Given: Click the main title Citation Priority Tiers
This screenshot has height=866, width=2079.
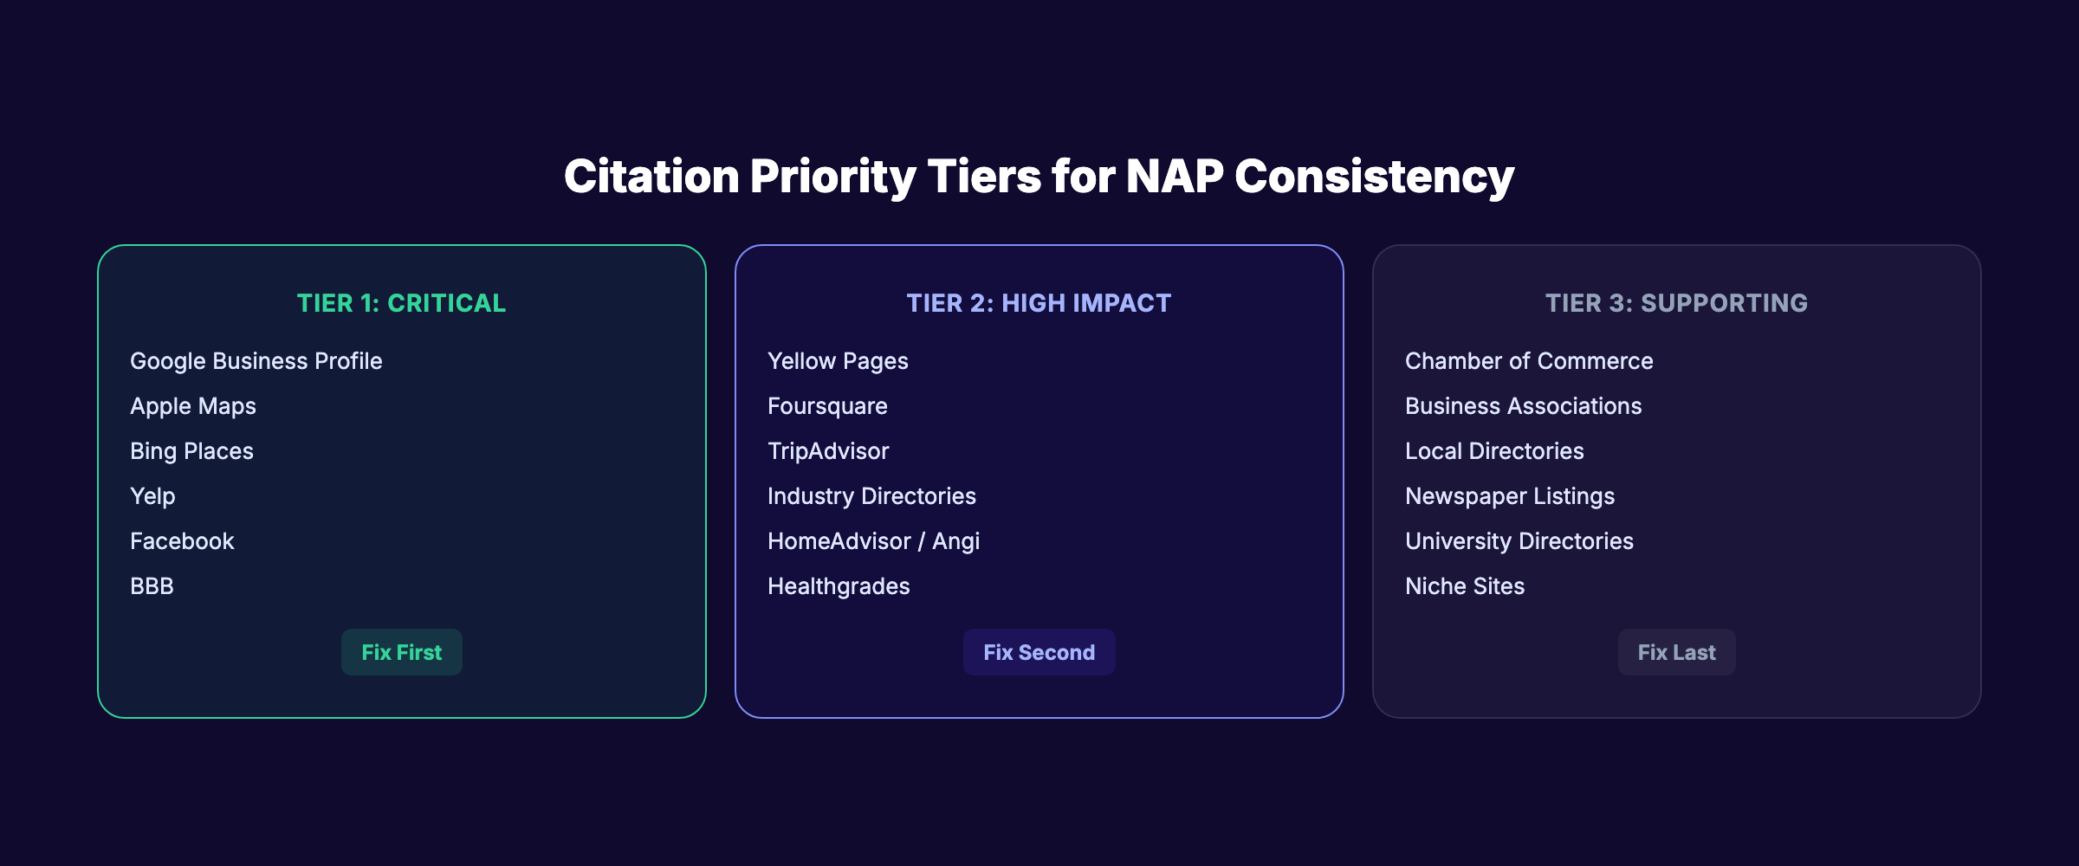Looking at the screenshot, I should (x=1039, y=177).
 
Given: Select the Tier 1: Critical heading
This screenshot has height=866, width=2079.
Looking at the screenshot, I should (x=401, y=303).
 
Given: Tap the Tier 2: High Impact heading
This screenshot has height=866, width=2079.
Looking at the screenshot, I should (x=1039, y=303).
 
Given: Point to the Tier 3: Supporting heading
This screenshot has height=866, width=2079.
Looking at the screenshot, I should (x=1676, y=303).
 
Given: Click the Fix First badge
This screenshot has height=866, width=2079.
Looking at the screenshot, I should (x=401, y=652).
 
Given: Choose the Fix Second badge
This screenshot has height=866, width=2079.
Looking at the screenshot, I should (x=1039, y=652).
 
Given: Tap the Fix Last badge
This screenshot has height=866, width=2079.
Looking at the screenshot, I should (x=1676, y=652).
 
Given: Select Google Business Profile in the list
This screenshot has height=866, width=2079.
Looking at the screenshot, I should (x=256, y=361).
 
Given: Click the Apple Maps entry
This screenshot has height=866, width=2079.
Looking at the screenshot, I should (x=193, y=406).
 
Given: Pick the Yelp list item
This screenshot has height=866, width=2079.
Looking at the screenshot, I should (x=152, y=496).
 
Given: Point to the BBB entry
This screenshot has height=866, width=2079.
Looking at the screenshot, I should (x=152, y=586).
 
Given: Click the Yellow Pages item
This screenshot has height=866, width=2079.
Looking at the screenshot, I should (x=838, y=361).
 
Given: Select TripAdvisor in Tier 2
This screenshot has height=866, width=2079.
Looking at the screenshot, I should (x=828, y=451).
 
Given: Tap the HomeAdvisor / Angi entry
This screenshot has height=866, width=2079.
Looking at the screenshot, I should (x=873, y=541).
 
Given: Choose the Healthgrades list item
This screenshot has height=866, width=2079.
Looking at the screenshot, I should (x=839, y=586).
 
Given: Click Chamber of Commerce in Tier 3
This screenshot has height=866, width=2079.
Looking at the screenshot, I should (x=1529, y=361).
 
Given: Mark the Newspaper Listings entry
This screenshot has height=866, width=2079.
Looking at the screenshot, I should (x=1510, y=496).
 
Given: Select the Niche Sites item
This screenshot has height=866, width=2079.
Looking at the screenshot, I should (x=1465, y=586).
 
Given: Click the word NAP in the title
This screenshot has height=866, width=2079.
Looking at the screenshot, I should (x=1174, y=177).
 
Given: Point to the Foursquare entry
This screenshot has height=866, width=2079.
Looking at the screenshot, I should (x=827, y=406).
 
